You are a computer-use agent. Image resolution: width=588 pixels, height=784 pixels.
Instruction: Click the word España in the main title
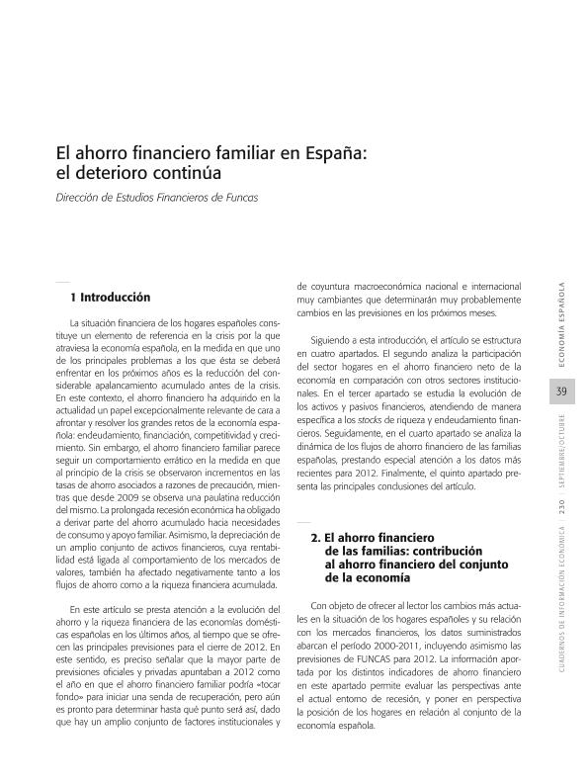click(x=336, y=154)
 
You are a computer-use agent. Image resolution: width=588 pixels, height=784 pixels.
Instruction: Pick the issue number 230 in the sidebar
click(x=562, y=510)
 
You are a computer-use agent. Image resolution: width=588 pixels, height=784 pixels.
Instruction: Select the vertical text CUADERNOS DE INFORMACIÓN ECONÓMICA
click(x=562, y=604)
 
